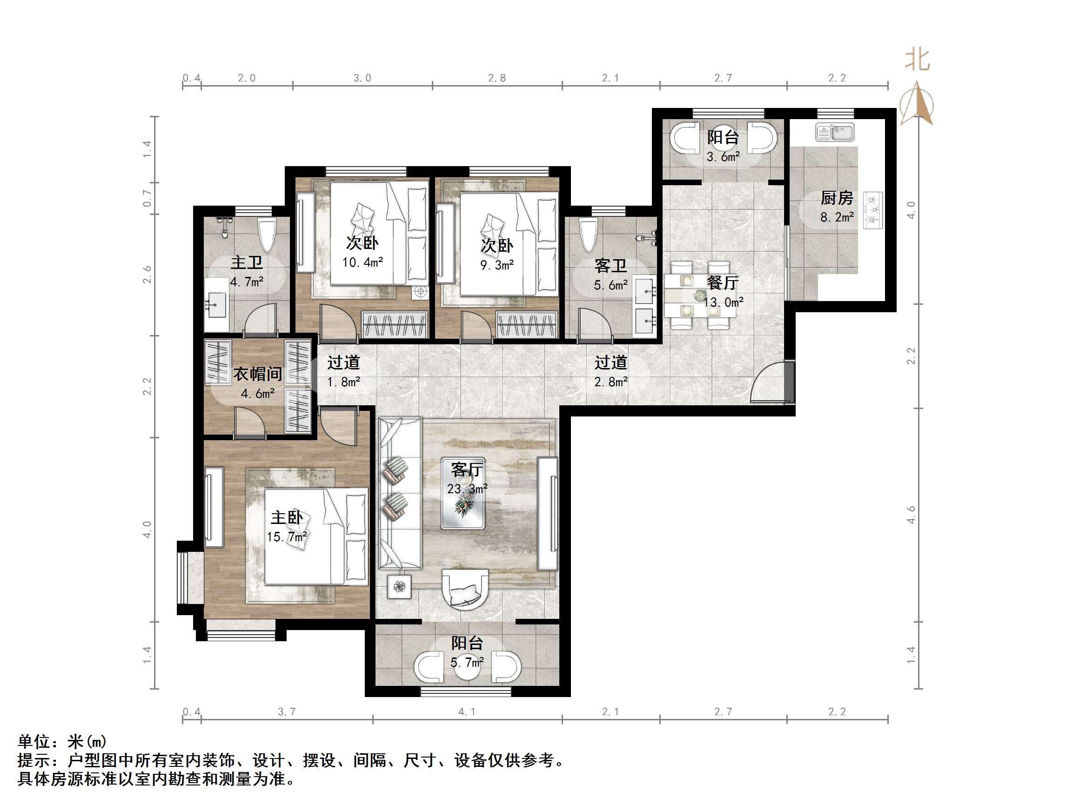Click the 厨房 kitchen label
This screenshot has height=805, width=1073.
click(x=836, y=198)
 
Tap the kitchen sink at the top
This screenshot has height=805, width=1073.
click(x=834, y=132)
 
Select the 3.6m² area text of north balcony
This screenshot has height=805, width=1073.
click(x=723, y=157)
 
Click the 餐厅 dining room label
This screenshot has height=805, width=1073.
click(x=723, y=282)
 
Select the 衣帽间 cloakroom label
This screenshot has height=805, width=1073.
click(x=258, y=374)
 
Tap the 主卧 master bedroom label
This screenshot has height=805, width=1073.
click(x=287, y=517)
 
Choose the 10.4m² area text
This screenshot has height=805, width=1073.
click(x=362, y=262)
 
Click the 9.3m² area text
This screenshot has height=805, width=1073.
click(x=497, y=265)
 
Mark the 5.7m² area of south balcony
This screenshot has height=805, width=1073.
click(x=467, y=662)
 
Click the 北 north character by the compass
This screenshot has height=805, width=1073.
click(x=917, y=60)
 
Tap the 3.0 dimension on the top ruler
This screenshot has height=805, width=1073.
click(x=362, y=78)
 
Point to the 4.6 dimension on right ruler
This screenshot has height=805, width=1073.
click(x=911, y=514)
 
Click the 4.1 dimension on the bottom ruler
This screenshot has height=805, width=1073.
click(x=467, y=712)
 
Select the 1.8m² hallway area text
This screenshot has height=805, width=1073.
click(x=343, y=382)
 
